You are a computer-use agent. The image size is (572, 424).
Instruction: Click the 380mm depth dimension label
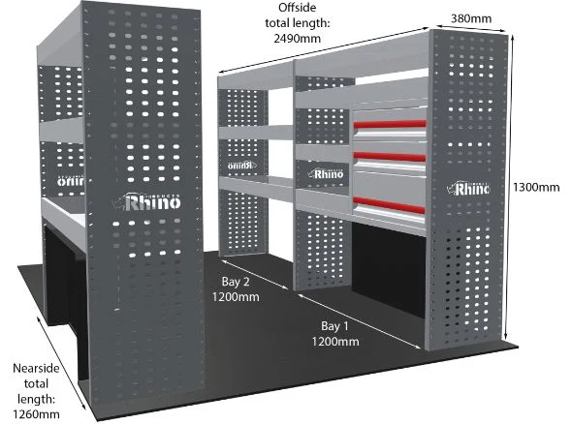(471, 18)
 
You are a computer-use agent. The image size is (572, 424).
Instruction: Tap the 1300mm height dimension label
(536, 187)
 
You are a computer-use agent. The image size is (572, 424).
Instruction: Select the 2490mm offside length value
(298, 39)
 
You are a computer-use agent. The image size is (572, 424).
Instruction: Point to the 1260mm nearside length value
(36, 414)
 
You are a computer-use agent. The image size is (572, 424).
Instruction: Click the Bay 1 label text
(334, 325)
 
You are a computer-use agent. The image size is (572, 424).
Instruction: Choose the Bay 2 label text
(236, 282)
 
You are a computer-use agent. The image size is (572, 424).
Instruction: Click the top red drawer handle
(390, 124)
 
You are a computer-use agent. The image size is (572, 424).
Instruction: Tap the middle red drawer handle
(389, 157)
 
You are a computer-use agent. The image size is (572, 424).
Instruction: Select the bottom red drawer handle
(389, 204)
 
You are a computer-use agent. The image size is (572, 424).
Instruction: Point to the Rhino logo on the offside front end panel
(468, 189)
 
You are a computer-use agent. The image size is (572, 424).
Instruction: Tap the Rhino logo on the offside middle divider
(326, 173)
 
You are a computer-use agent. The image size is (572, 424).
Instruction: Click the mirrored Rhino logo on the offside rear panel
(240, 166)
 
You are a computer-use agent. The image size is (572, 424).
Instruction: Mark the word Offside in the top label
(298, 8)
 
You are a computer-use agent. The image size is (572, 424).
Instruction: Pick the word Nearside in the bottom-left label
(36, 368)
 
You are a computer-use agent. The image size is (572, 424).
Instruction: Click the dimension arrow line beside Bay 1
(360, 320)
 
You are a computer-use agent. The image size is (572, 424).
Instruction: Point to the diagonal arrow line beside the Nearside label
(61, 362)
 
